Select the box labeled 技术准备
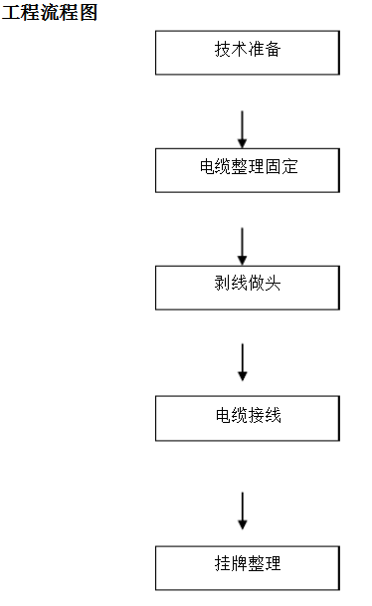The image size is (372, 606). click(247, 52)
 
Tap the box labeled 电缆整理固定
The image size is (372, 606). click(247, 169)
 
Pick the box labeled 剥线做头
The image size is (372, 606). click(247, 287)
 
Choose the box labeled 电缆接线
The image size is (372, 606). click(247, 418)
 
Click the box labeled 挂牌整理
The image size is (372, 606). click(247, 567)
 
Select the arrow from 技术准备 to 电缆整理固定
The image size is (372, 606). click(243, 128)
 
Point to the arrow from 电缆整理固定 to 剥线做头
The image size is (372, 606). click(243, 246)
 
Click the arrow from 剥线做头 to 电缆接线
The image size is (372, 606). click(243, 362)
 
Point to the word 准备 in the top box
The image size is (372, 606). click(264, 49)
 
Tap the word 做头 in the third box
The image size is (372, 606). click(264, 284)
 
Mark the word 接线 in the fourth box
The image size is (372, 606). click(264, 415)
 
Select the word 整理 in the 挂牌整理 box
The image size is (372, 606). click(264, 564)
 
